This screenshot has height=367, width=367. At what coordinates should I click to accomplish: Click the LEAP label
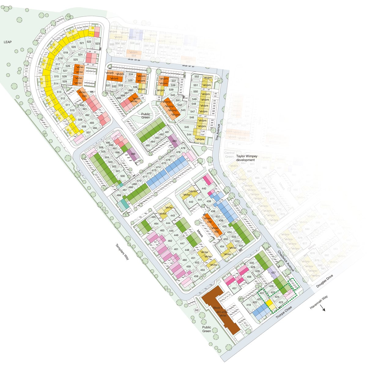click(8, 42)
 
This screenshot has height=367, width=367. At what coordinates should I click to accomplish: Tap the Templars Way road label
click(122, 252)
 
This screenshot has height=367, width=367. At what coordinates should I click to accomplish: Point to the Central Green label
click(230, 154)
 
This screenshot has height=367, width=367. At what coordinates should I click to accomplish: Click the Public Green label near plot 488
click(146, 115)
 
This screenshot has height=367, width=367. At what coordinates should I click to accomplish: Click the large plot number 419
click(248, 305)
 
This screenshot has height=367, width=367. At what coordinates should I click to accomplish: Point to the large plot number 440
click(204, 188)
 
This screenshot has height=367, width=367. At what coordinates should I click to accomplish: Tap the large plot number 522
click(89, 42)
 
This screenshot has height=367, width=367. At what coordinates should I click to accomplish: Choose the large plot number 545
click(187, 127)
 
